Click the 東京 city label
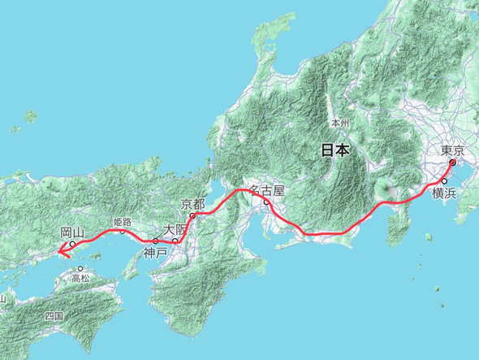tap(452, 150)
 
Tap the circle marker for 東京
tap(452, 162)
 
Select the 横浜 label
tap(444, 193)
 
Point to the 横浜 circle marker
tap(444, 180)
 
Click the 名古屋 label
tap(267, 190)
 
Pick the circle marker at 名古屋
tap(265, 202)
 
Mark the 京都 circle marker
tap(192, 216)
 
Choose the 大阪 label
tap(175, 230)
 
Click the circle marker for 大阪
tap(175, 241)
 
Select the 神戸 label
tap(155, 253)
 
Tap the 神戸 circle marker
tap(156, 241)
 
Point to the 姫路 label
tap(123, 221)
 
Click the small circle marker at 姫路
tap(123, 231)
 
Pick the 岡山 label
tap(72, 232)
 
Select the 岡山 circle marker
tap(72, 244)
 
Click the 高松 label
tap(80, 278)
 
